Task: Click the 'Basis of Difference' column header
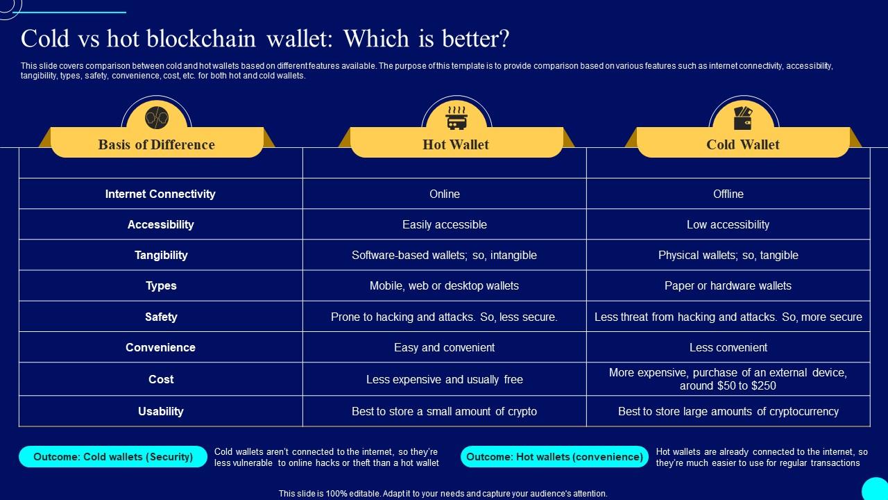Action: point(157,144)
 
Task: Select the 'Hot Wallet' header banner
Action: point(456,144)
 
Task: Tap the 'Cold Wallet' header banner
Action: point(743,144)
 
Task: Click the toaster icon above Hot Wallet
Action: point(456,118)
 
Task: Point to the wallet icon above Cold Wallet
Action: point(743,118)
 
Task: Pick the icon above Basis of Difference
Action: point(157,118)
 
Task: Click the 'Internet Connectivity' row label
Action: point(160,194)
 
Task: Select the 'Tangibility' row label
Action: point(161,255)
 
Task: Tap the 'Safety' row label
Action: point(161,317)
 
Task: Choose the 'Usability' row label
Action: point(161,411)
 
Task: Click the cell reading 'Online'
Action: point(445,194)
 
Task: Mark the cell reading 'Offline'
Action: point(728,194)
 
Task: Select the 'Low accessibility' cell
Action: point(728,224)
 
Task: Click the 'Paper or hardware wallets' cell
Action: point(728,285)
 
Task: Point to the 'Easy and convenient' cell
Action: point(445,347)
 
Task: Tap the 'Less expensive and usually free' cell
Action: point(445,379)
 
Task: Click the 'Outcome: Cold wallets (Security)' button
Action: point(113,457)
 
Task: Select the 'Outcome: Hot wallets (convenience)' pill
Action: point(554,457)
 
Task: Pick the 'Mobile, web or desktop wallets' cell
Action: point(445,285)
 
